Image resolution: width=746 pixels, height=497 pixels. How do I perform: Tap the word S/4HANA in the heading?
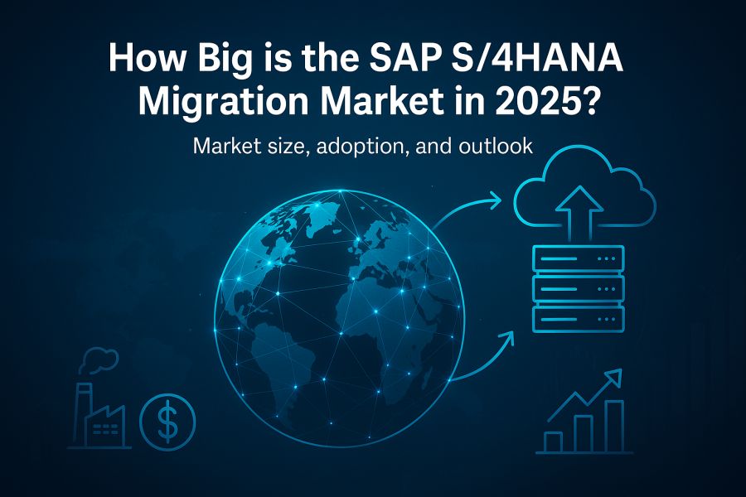click(x=539, y=58)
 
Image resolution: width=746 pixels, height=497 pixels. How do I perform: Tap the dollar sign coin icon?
click(x=167, y=422)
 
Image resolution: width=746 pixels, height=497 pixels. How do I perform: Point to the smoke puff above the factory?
click(x=98, y=359)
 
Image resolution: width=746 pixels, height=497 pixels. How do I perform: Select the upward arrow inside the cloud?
click(x=579, y=213)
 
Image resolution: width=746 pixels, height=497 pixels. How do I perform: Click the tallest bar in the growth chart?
click(x=613, y=426)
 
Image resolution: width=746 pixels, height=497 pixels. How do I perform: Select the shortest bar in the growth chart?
click(x=553, y=442)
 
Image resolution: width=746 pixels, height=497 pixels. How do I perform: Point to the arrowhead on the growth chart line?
click(x=613, y=378)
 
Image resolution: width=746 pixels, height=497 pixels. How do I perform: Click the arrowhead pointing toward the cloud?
click(x=495, y=200)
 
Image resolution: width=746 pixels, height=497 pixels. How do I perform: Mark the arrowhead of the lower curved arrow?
click(x=507, y=340)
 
